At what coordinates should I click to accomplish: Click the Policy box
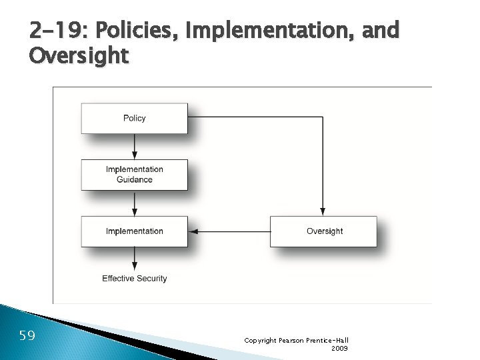click(x=134, y=118)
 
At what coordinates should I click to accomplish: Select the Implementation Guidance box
click(x=134, y=174)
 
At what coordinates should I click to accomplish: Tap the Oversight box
click(x=324, y=231)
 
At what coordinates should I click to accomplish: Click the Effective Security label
click(x=134, y=278)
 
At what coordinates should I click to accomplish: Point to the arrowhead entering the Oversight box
click(x=323, y=211)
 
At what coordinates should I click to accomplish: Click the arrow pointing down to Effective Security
click(x=135, y=258)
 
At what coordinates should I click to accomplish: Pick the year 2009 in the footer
click(x=339, y=348)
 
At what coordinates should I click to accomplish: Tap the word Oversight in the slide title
click(x=79, y=56)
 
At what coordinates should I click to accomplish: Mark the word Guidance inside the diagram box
click(x=134, y=179)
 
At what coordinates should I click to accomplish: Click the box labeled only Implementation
click(x=134, y=231)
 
